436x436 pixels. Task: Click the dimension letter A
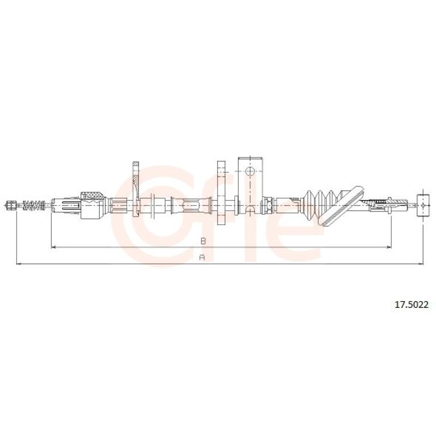(x=202, y=257)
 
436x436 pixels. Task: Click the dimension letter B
(x=203, y=241)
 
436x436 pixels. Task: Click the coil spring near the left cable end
(x=34, y=206)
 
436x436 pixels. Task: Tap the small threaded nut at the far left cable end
(x=11, y=206)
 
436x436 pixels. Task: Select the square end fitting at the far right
(x=423, y=206)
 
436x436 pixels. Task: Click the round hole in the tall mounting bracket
(x=250, y=172)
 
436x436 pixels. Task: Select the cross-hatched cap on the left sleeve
(x=91, y=196)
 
